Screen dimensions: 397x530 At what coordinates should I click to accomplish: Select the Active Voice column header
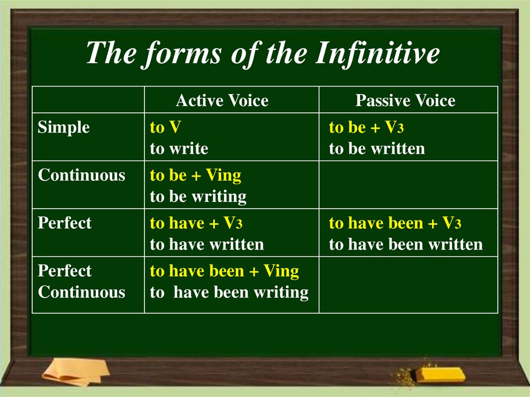point(222,100)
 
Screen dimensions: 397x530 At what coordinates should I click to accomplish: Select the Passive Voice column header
point(405,100)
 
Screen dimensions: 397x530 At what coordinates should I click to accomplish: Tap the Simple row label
point(64,127)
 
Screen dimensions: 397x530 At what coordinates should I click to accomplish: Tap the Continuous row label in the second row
point(81,175)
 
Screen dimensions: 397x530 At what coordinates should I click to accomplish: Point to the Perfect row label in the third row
point(65,223)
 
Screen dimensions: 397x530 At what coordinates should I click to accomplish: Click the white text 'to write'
point(179,149)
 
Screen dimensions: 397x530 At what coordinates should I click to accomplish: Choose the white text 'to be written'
point(377,149)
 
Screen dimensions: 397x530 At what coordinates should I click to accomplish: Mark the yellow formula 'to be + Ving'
point(196,175)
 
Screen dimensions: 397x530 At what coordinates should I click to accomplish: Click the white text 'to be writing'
point(198,197)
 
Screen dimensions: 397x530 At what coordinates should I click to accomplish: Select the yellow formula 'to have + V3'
point(197,223)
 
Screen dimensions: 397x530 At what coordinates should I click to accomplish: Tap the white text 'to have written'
point(207,244)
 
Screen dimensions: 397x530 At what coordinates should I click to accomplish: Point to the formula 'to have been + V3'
point(395,223)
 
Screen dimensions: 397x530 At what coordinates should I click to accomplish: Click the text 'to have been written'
point(406,244)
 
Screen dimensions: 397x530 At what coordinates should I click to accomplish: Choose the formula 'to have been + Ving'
point(225,271)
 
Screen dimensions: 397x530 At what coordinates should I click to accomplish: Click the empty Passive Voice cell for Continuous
point(408,185)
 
